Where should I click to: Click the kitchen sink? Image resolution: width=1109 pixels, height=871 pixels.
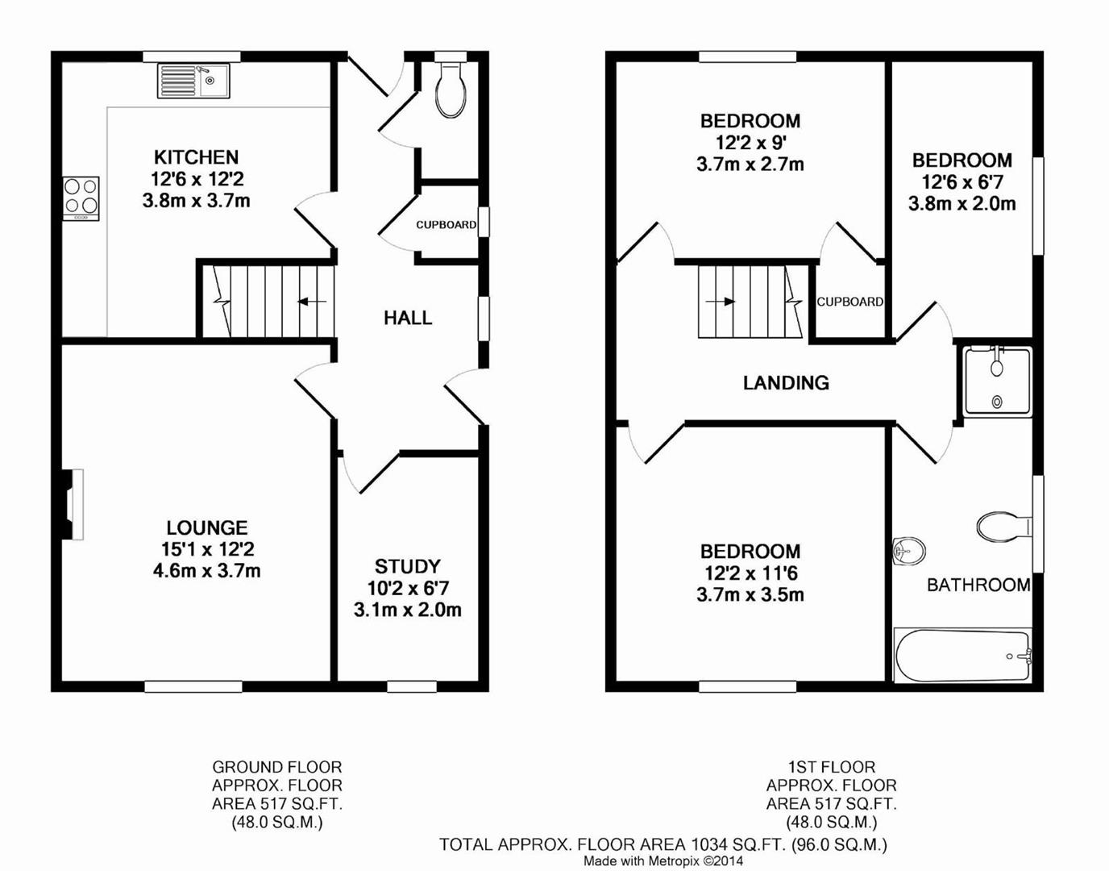[193, 81]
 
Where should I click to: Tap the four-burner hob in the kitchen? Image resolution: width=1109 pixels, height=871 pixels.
[81, 197]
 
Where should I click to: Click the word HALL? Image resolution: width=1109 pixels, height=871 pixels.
[408, 318]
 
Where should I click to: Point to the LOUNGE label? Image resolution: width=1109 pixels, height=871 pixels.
[207, 527]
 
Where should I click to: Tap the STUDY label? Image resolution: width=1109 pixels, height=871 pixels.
[407, 566]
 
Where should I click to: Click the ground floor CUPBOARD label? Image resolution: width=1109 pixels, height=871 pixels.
[446, 225]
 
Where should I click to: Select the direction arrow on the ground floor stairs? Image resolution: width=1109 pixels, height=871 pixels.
[311, 302]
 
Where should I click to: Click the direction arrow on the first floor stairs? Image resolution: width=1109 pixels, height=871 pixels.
[720, 302]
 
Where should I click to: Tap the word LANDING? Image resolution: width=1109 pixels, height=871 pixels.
[786, 383]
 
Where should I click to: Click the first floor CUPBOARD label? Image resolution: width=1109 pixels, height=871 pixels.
[849, 302]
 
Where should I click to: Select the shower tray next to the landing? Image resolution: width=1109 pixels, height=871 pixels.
[998, 381]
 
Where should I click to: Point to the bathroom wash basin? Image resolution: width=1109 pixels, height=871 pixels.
[909, 552]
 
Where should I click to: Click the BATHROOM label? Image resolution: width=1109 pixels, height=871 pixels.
[978, 585]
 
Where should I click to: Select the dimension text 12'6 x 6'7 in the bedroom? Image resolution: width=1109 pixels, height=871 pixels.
[962, 182]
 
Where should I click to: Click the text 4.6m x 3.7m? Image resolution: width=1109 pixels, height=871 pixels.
[207, 571]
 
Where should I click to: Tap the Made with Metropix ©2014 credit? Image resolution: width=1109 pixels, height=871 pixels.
[663, 861]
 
